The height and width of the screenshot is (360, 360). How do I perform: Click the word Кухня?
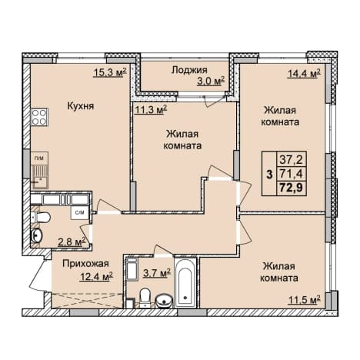81,105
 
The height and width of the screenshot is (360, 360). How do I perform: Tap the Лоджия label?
189,70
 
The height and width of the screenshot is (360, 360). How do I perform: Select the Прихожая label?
85,263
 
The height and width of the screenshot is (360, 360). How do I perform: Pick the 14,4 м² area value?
304,74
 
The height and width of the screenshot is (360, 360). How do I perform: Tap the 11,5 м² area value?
305,299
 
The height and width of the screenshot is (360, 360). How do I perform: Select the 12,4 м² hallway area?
96,276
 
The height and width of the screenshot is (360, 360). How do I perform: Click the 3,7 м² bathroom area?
157,273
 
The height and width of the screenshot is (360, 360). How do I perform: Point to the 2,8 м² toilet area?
71,242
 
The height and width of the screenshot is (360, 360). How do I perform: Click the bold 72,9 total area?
291,188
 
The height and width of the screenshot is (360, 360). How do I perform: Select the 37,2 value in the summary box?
291,160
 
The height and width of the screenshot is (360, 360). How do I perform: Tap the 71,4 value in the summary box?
291,174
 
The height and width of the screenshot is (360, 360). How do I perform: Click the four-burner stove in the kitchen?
39,117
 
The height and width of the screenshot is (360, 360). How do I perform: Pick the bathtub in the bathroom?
185,283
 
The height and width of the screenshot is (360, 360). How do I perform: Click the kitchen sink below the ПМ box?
39,177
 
